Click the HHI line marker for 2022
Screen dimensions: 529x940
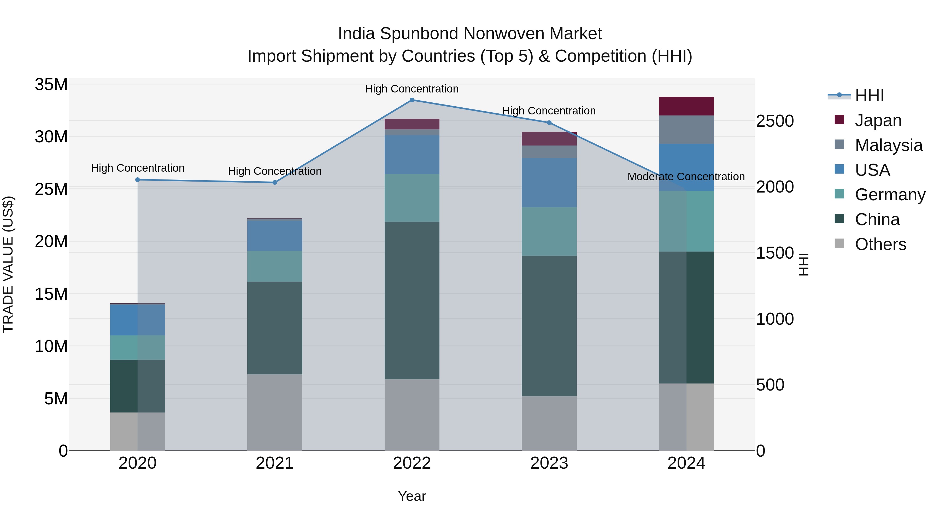coord(412,100)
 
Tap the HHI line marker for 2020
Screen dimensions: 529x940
coord(138,180)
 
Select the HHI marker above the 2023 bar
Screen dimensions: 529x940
coord(549,123)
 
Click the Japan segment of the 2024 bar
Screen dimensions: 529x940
coord(686,106)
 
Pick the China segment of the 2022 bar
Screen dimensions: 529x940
coord(412,300)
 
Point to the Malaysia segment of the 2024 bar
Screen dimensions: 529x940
coord(686,129)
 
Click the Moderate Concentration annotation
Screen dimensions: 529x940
coord(686,177)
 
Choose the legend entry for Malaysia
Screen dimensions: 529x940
coord(889,145)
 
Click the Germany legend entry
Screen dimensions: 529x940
coord(890,195)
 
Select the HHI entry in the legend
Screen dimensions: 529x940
coord(869,96)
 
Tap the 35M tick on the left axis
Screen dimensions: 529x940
coord(51,84)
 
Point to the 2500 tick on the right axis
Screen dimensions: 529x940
coord(775,121)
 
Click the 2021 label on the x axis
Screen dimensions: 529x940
coord(275,463)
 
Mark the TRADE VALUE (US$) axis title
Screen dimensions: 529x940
coord(8,264)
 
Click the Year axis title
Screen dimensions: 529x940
coord(412,496)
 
